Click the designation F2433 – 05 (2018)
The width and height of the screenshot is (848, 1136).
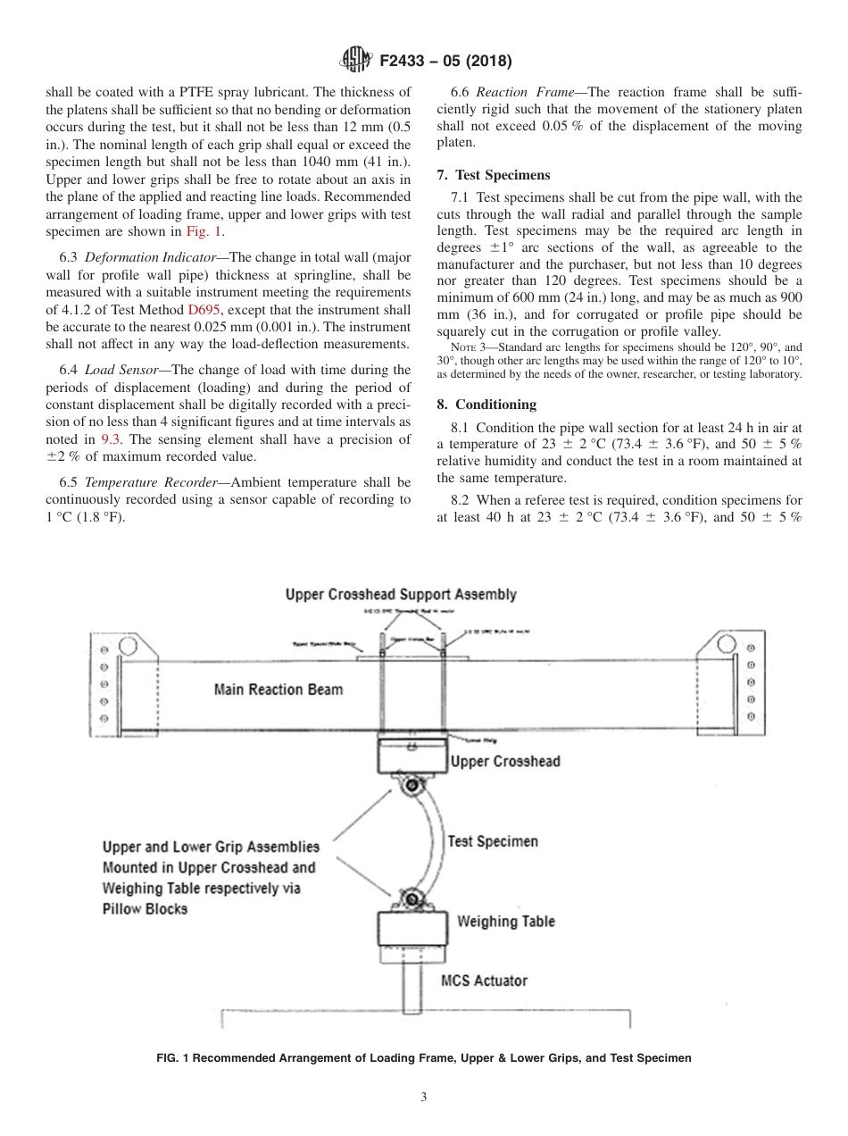click(445, 62)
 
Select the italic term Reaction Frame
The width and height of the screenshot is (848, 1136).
click(530, 92)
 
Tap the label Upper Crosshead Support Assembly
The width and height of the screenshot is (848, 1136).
click(401, 594)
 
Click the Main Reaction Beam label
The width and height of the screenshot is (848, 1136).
click(278, 689)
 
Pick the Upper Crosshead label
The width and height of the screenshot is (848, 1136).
click(505, 761)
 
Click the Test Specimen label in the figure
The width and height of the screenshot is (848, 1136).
click(493, 840)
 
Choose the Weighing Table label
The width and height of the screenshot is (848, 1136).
click(505, 921)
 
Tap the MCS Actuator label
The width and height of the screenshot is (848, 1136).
click(484, 980)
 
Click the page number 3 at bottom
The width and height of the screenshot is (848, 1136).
click(424, 1097)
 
